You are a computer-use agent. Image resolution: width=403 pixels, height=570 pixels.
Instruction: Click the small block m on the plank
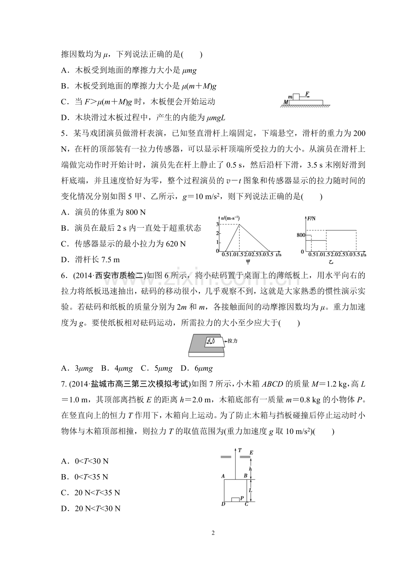(x=297, y=96)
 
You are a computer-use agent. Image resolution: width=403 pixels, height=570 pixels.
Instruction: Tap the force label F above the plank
(x=308, y=93)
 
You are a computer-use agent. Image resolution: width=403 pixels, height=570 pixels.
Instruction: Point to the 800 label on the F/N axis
(x=300, y=235)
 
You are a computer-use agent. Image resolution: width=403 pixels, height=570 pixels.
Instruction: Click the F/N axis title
(x=311, y=218)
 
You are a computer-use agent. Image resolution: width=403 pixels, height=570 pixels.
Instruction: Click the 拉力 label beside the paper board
(x=233, y=340)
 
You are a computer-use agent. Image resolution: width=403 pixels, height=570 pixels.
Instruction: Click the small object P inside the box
(x=236, y=499)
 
